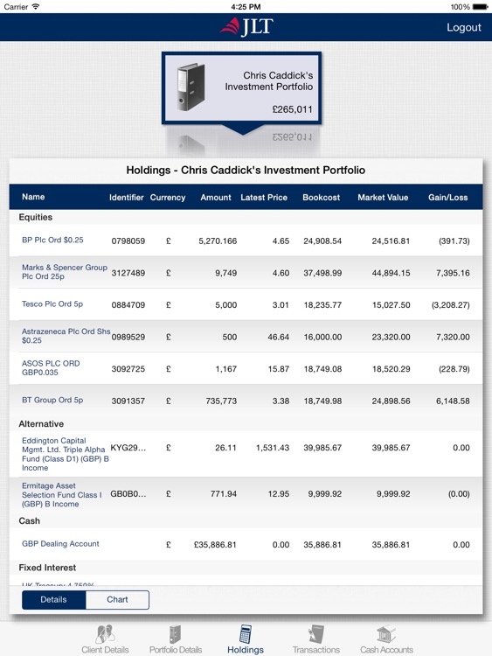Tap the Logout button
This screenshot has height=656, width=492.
[x=463, y=27]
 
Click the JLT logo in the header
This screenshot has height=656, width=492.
[x=246, y=26]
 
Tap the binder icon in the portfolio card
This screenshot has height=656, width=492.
[x=191, y=87]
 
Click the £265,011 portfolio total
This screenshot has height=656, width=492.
[x=292, y=110]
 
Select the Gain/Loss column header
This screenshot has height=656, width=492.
[x=448, y=198]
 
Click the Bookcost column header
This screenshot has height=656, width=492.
[x=322, y=198]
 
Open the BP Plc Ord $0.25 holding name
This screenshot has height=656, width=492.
[x=52, y=240]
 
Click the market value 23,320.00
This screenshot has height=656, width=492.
[x=385, y=337]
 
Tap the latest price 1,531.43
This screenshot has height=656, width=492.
[x=273, y=448]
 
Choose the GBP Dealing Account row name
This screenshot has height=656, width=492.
[x=60, y=544]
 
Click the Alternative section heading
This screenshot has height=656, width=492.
[x=41, y=424]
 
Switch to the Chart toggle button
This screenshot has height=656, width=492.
[x=117, y=600]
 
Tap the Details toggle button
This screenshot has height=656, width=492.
[x=53, y=600]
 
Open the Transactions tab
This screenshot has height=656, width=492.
[x=315, y=639]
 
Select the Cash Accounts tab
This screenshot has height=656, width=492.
[x=386, y=639]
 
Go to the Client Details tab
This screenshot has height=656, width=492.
[x=105, y=639]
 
